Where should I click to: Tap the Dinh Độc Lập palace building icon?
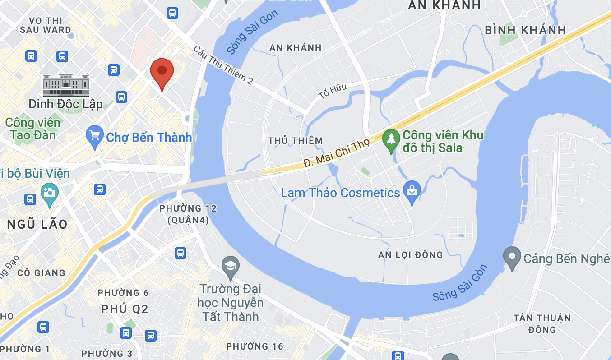(66, 85)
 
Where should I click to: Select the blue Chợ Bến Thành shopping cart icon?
(94, 137)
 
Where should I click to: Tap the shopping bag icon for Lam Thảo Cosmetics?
(412, 192)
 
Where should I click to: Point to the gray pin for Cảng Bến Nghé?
(512, 258)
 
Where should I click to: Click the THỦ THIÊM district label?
(296, 141)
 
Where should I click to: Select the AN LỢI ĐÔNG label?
(411, 255)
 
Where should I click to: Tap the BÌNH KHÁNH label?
(525, 30)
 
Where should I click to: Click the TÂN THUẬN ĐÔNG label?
(542, 324)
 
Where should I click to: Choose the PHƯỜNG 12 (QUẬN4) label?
(188, 214)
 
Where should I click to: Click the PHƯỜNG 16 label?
(255, 346)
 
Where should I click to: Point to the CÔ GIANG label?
(42, 273)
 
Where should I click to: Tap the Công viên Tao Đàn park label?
(32, 129)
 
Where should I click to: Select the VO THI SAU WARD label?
(46, 25)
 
